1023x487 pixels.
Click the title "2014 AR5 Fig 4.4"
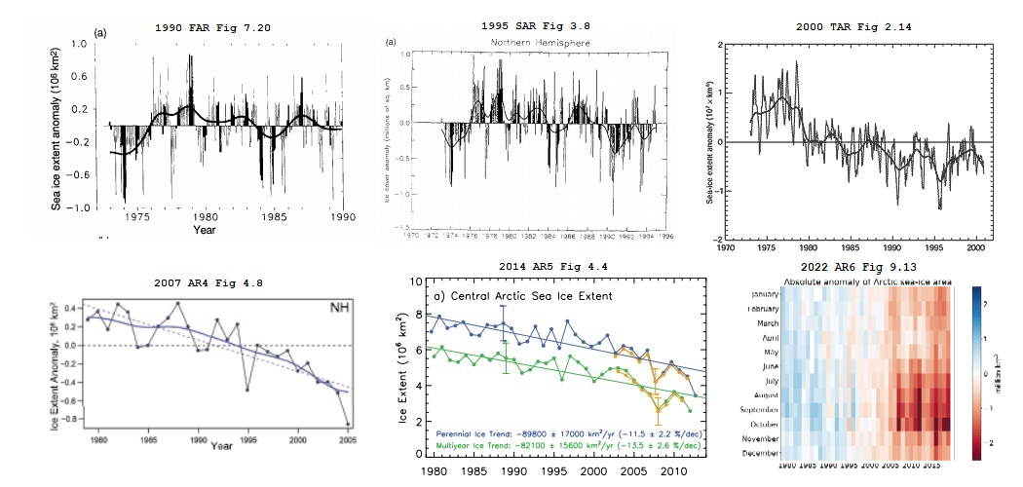pyautogui.click(x=536, y=264)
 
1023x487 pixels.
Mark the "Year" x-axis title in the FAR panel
pyautogui.click(x=204, y=231)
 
